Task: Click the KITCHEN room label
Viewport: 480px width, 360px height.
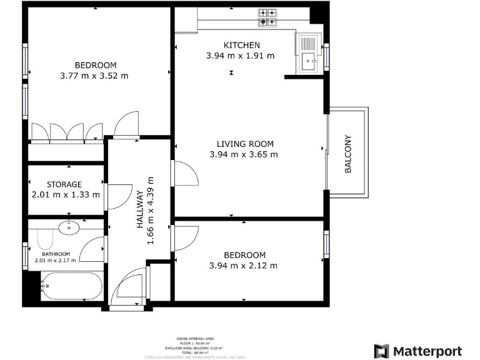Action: pos(241,45)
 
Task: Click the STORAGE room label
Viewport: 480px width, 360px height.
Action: pos(64,184)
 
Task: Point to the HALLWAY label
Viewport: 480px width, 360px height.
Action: pos(141,211)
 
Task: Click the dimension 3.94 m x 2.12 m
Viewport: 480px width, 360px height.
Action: pos(244,266)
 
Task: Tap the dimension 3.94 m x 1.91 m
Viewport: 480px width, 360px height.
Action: pos(241,56)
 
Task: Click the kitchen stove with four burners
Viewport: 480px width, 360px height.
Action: pos(268,17)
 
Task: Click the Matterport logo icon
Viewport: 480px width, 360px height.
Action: pos(381,351)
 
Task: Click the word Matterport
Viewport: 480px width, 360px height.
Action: pos(427,351)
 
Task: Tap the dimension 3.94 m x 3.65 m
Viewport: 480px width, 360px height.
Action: pos(244,154)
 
